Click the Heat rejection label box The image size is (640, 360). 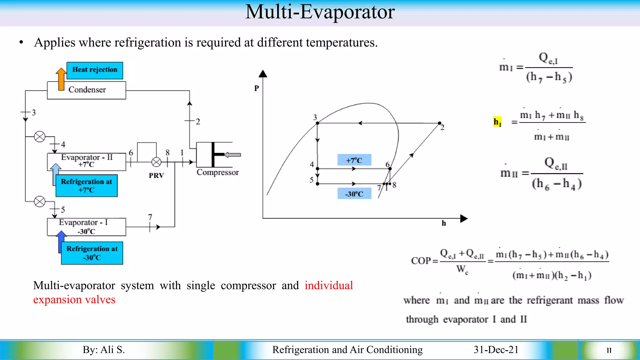[x=95, y=70]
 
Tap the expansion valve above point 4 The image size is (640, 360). [x=40, y=137]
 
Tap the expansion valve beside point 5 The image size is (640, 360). [x=40, y=202]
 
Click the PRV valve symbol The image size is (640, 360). [x=156, y=162]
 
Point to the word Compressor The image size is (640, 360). [x=217, y=172]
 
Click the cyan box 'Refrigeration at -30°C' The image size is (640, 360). [x=92, y=253]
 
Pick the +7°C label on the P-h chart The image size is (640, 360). [x=354, y=160]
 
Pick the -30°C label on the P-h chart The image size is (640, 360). [x=354, y=194]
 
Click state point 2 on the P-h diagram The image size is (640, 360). [x=439, y=123]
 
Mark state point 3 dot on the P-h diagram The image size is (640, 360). [x=317, y=123]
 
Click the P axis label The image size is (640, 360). [x=257, y=88]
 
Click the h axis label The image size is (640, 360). [x=444, y=223]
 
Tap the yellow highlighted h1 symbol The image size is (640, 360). [x=497, y=122]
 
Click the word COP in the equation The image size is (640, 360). [x=421, y=261]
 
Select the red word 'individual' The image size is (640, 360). [x=329, y=285]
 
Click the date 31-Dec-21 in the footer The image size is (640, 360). [x=496, y=349]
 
